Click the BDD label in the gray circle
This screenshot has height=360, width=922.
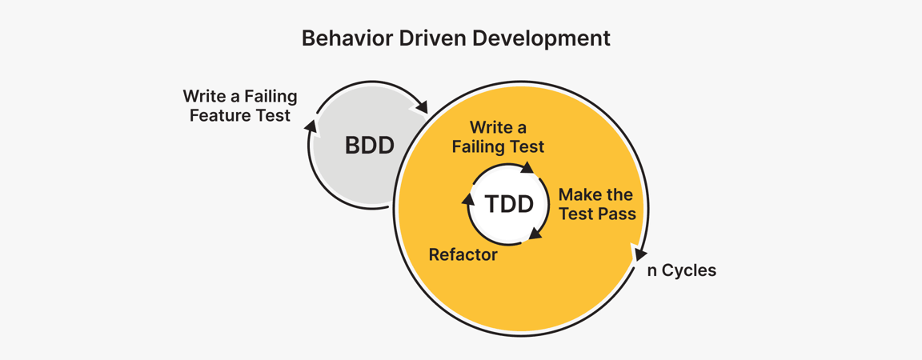coord(369,146)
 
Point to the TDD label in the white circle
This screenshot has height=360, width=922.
coord(509,204)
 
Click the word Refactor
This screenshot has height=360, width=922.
coord(463,255)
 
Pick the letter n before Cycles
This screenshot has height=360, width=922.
coord(652,271)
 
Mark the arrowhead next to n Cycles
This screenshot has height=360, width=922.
coord(639,254)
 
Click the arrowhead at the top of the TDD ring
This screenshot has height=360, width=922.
coord(527,168)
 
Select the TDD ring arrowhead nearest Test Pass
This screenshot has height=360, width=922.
coord(535,234)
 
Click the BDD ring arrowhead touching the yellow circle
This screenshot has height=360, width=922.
coord(423,106)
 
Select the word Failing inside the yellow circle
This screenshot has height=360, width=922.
coord(479,146)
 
